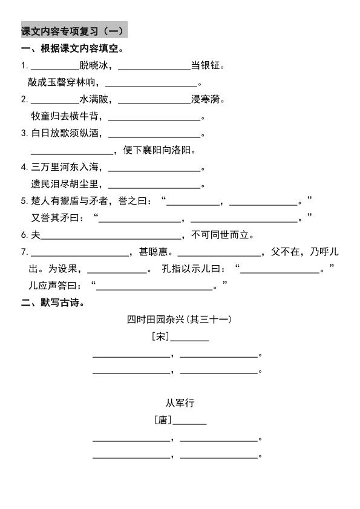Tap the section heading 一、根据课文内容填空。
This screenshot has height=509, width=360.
[73, 49]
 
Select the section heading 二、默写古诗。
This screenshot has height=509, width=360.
[53, 303]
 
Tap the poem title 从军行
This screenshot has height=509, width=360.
[180, 402]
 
